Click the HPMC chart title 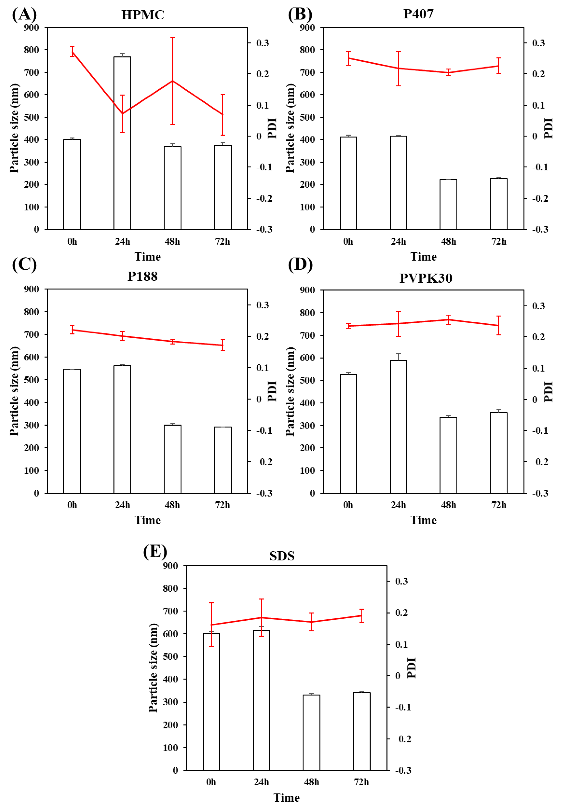[x=143, y=15]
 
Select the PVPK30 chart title [x=426, y=278]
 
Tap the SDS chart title [x=282, y=556]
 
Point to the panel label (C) [x=24, y=264]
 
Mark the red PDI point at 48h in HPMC [x=173, y=81]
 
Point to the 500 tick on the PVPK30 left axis [x=308, y=380]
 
